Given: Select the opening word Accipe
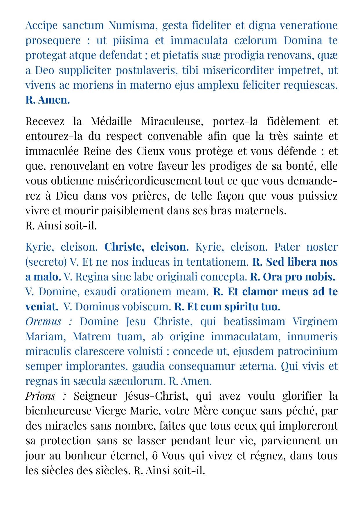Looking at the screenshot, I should point(42,26).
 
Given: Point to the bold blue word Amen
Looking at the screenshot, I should point(54,100).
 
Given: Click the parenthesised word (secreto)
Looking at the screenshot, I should point(46,262).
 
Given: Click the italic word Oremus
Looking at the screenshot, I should point(43,322).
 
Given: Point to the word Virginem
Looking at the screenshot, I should point(315,322).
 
